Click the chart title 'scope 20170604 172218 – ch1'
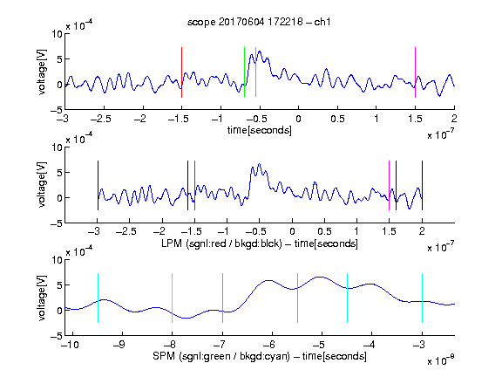click(x=259, y=22)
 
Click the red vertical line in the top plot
click(x=181, y=72)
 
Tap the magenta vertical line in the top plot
click(x=415, y=72)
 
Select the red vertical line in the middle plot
click(x=194, y=185)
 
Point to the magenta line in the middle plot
click(x=389, y=185)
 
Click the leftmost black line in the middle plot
click(x=98, y=185)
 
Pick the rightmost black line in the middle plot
click(x=422, y=185)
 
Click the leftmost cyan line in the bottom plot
click(x=98, y=298)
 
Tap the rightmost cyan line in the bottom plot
click(x=422, y=298)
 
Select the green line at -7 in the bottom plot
click(x=222, y=298)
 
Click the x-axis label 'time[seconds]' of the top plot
click(x=260, y=130)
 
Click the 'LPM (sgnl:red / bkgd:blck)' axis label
click(x=221, y=243)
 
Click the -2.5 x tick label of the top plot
click(x=101, y=119)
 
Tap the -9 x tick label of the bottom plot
click(x=120, y=345)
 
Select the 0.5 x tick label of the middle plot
click(x=324, y=231)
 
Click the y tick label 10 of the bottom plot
click(x=57, y=260)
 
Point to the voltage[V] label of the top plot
click(x=42, y=72)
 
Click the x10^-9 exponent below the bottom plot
click(x=441, y=360)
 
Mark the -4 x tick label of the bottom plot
click(x=370, y=345)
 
